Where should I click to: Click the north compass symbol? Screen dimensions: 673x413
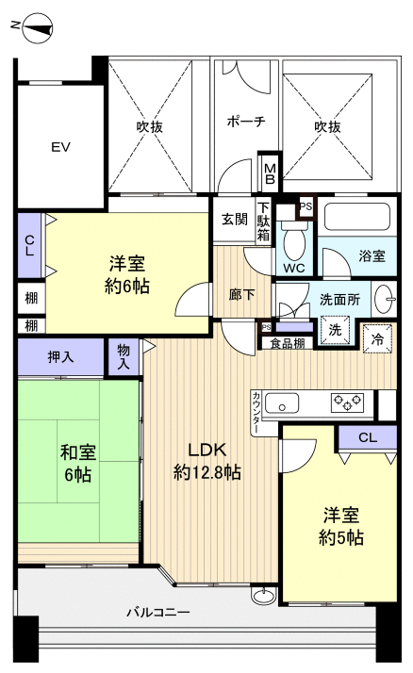[x=34, y=27]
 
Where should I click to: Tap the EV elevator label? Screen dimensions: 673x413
[x=61, y=147]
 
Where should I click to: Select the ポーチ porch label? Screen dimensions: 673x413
[x=245, y=122]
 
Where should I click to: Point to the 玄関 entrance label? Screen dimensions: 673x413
[x=235, y=220]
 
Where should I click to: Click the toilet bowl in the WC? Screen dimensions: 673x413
[x=294, y=244]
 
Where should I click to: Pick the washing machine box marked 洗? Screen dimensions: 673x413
[x=334, y=330]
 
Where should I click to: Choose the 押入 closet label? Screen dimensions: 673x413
[x=61, y=356]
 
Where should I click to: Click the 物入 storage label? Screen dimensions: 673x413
[x=124, y=358]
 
